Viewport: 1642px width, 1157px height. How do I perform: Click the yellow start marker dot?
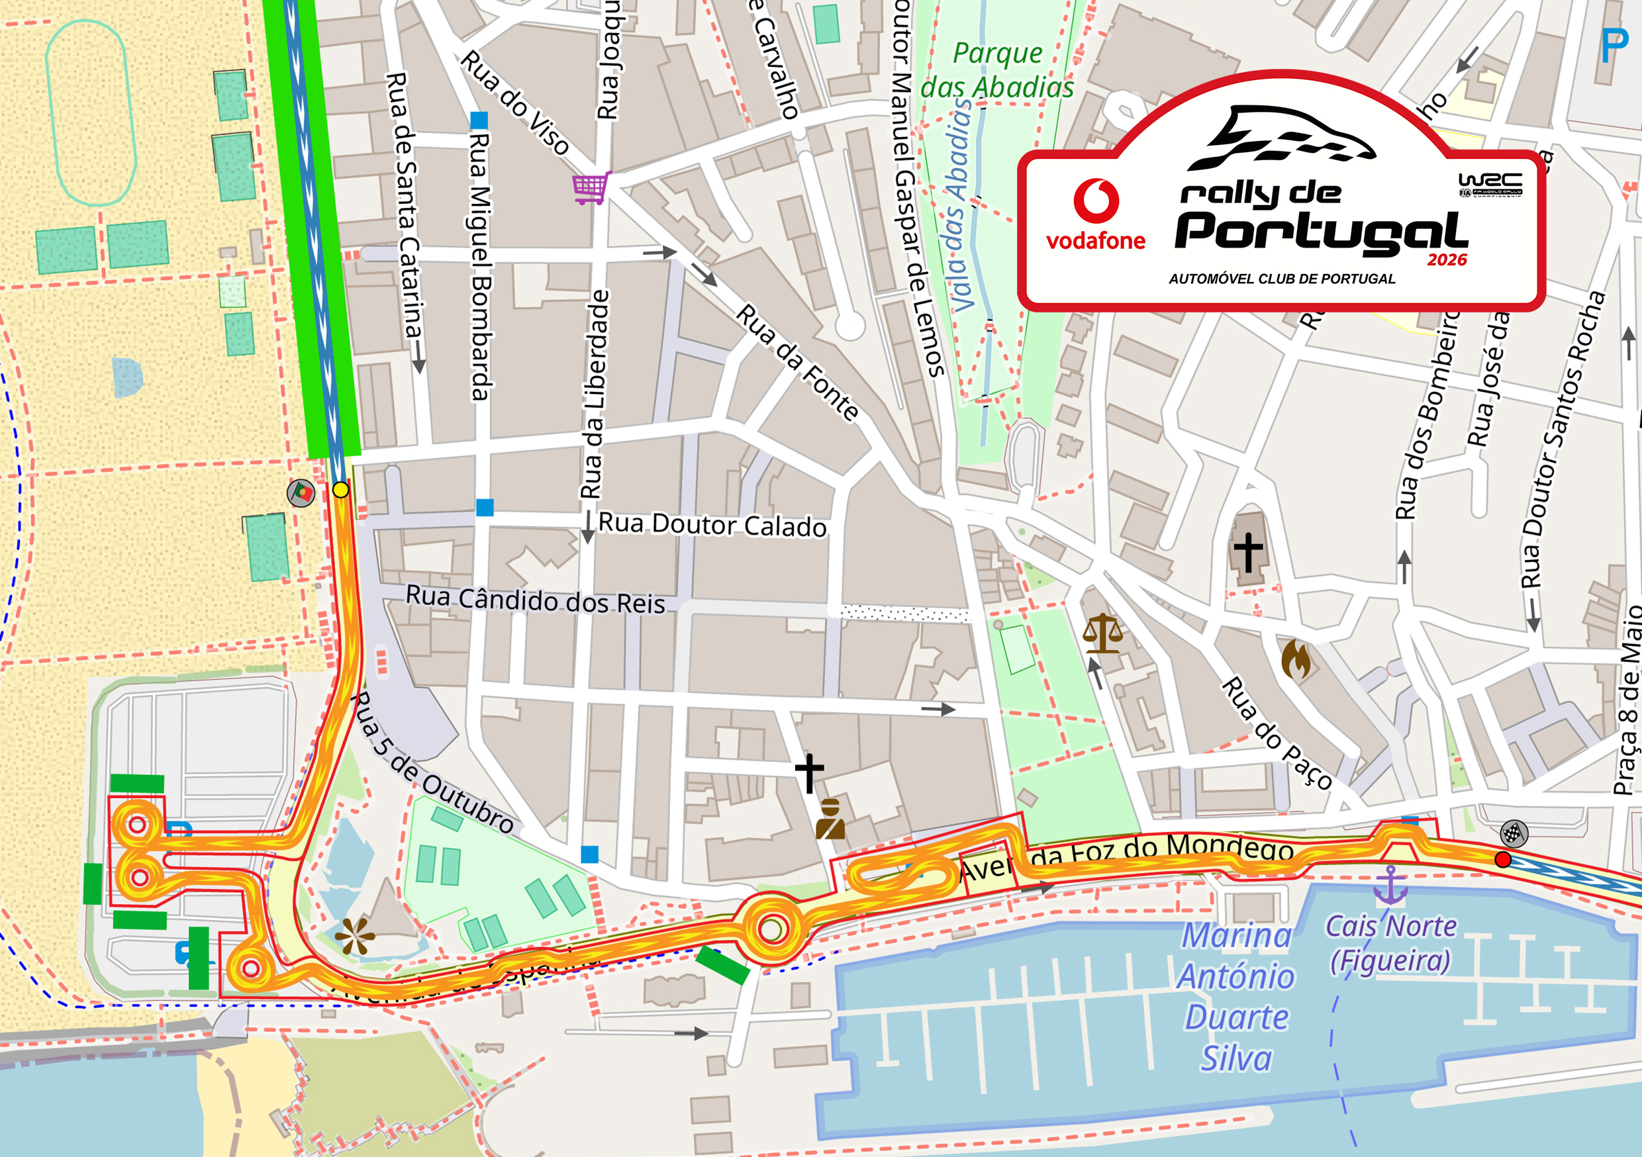[340, 490]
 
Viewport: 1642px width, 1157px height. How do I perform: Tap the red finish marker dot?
[1503, 860]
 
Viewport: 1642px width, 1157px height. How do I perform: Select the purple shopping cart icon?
[591, 188]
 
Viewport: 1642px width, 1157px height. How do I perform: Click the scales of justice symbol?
[1102, 633]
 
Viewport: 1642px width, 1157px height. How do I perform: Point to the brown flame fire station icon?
[1295, 659]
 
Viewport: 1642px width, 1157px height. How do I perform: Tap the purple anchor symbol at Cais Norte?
[1390, 884]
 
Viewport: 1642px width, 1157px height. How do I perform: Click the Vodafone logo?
[1096, 214]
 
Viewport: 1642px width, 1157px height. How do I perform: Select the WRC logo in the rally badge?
[1490, 185]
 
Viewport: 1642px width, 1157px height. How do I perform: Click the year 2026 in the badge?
[1447, 260]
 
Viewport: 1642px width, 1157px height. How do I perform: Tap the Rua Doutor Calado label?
[712, 525]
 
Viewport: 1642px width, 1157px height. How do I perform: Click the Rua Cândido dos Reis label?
[536, 600]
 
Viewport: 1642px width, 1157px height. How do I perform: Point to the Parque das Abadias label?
[997, 70]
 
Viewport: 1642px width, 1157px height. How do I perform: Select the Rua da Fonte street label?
[797, 363]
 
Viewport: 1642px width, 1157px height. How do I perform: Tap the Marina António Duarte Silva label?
[1237, 997]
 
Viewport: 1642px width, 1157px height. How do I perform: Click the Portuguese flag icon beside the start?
[301, 492]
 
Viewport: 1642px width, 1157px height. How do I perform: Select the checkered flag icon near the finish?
[1514, 833]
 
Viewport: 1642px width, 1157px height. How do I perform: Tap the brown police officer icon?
[830, 819]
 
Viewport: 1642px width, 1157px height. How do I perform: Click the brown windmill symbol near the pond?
[354, 936]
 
